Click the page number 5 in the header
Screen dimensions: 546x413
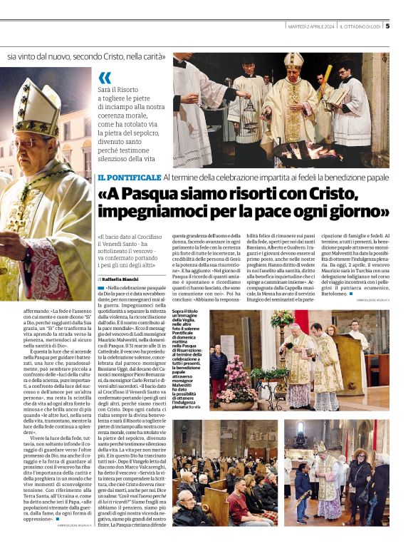387,26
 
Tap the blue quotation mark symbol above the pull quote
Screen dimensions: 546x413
105,77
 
